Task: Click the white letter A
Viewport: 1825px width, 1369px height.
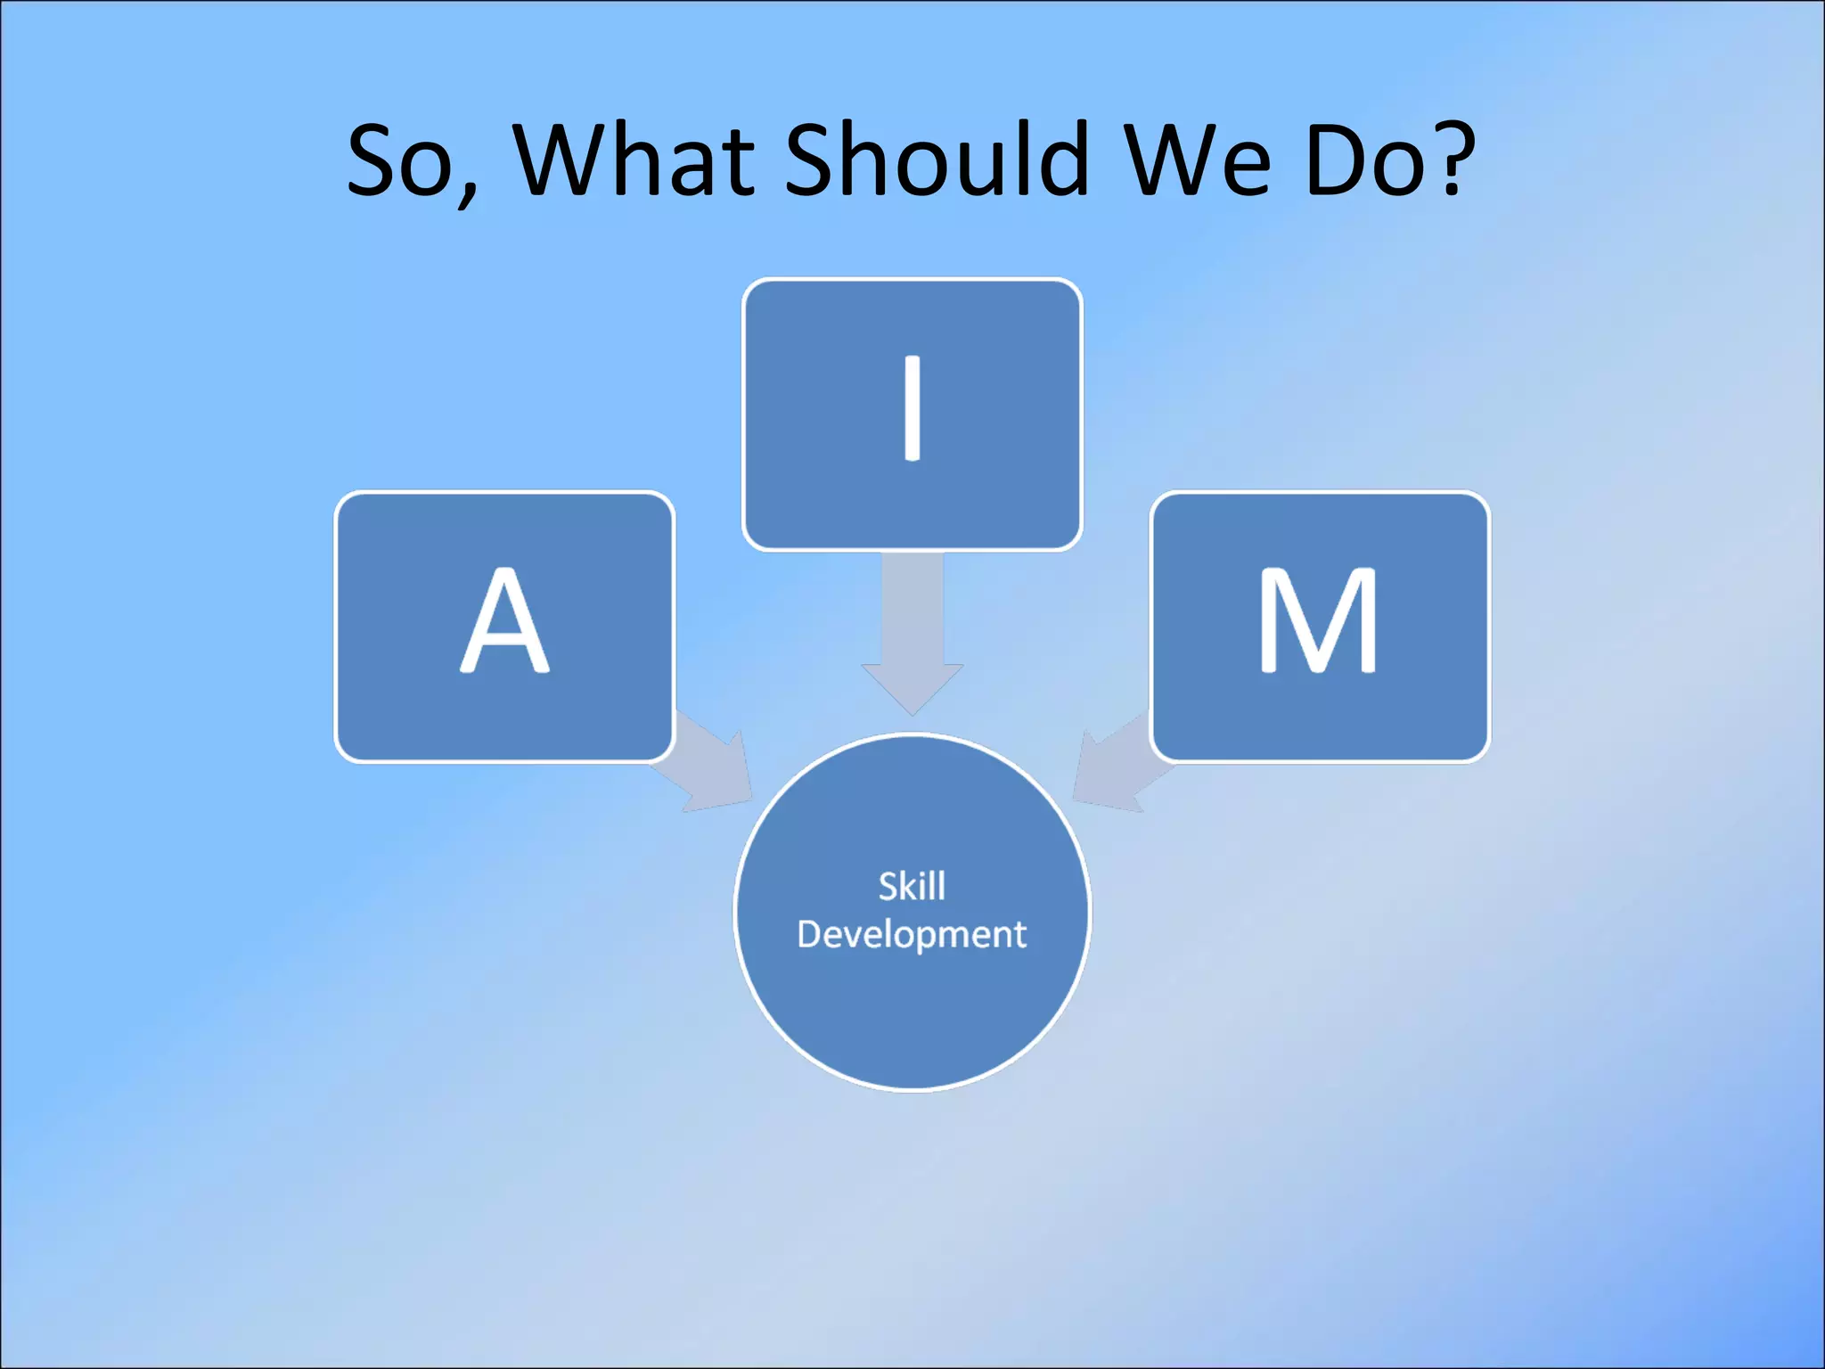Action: click(504, 621)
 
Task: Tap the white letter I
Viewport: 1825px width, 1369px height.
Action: click(912, 408)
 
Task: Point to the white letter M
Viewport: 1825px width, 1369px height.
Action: click(1319, 621)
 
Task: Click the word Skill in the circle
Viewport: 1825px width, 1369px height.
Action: click(912, 887)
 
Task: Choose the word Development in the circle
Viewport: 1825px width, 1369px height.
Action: click(912, 935)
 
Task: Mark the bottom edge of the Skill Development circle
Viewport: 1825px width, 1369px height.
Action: click(912, 1088)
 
